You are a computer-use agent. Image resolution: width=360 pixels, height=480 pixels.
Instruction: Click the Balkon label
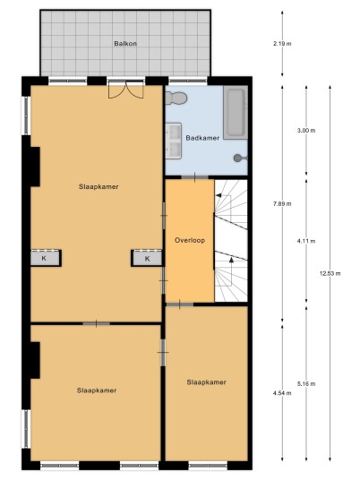(x=125, y=44)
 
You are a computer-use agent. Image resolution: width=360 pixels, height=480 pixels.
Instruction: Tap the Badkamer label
(x=202, y=138)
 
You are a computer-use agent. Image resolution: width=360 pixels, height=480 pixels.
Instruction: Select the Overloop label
(x=190, y=240)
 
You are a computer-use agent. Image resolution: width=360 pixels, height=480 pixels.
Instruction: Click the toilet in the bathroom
(x=176, y=99)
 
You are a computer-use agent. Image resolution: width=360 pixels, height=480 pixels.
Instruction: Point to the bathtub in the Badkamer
(x=236, y=113)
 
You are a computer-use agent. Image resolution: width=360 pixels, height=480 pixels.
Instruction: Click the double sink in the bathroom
(x=174, y=141)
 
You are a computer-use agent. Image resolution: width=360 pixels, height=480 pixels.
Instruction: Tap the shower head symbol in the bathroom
(x=240, y=158)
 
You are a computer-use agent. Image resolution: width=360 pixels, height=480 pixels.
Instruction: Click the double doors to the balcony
(x=125, y=90)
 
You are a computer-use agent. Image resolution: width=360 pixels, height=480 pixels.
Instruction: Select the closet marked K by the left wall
(x=46, y=259)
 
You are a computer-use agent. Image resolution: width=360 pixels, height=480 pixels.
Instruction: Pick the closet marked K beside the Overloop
(x=147, y=259)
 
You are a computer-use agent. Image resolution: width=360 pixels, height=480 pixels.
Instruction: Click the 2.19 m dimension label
(x=282, y=44)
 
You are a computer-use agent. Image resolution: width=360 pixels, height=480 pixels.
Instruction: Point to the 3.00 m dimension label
(x=306, y=131)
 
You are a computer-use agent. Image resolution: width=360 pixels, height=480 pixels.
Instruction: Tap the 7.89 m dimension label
(x=282, y=203)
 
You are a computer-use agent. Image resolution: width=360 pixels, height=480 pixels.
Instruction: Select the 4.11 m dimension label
(x=306, y=241)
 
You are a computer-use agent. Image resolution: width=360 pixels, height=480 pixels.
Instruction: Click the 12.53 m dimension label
(x=330, y=273)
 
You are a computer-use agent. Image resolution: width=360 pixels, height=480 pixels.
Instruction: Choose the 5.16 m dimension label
(x=306, y=383)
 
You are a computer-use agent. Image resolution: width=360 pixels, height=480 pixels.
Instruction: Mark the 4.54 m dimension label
(x=282, y=393)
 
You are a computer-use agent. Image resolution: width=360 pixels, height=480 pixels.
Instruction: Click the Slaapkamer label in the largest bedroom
(x=99, y=187)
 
